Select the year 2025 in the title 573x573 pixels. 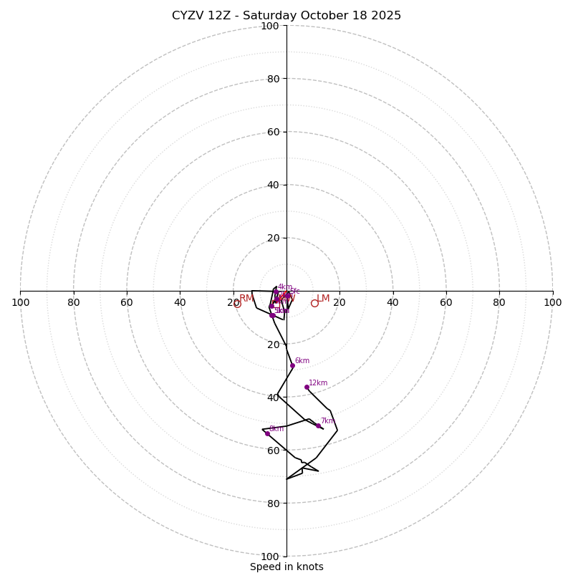point(385,16)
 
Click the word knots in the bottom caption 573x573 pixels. point(309,567)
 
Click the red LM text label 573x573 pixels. point(323,299)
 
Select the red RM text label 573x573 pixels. point(246,299)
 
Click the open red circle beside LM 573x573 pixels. point(314,303)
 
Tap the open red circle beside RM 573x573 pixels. point(238,304)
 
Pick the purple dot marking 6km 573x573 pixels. point(292,365)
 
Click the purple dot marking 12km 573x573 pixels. point(307,387)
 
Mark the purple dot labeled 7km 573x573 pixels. point(319,425)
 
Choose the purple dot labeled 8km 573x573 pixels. point(267,433)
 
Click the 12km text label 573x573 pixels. point(318,382)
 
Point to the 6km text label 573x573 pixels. point(302,361)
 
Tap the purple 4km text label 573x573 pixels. point(285,286)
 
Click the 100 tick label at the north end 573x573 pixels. point(270,27)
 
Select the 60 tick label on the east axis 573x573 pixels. point(446,302)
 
